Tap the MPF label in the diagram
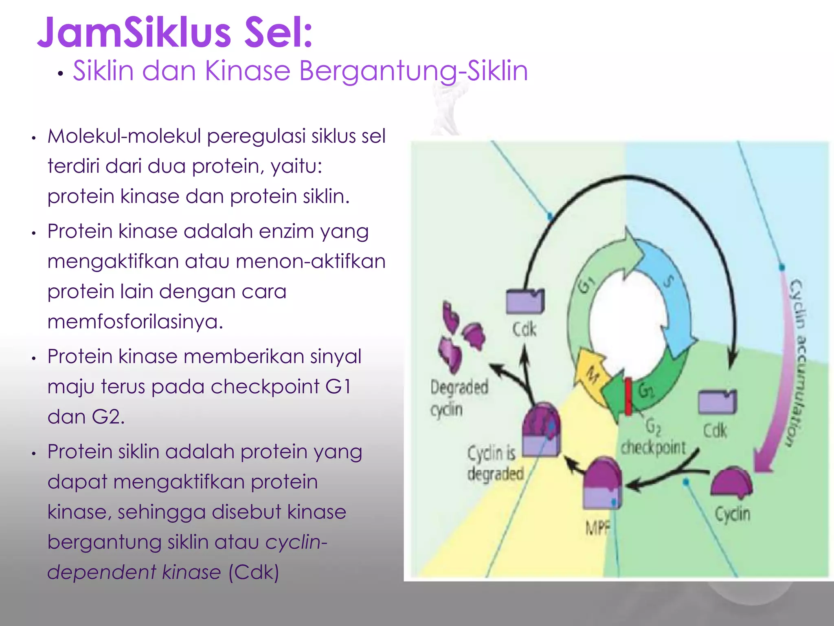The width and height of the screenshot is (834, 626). tap(598, 528)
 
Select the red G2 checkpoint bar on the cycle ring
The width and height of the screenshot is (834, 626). tap(628, 397)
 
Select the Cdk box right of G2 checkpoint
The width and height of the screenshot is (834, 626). tap(717, 402)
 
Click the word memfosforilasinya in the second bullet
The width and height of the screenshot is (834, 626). tap(135, 322)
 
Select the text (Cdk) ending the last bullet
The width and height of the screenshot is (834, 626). tap(253, 572)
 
